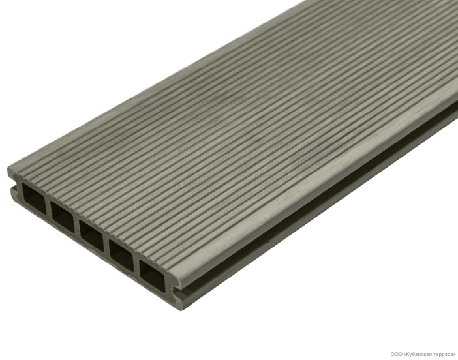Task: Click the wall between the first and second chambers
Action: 48,208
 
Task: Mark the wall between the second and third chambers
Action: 77,226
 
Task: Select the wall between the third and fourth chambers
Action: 106,245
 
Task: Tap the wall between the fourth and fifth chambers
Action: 136,264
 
